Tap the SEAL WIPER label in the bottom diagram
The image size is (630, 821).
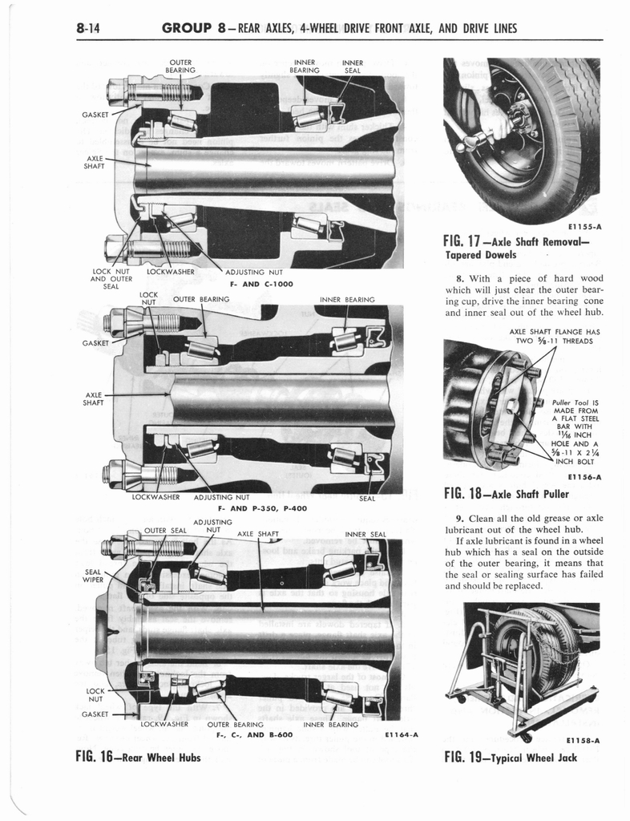[x=93, y=576]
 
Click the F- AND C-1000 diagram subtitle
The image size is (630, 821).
[x=260, y=283]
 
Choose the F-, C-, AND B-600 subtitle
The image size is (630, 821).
[x=256, y=734]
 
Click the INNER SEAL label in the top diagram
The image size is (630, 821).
[x=352, y=66]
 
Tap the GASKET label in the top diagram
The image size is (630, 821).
[x=95, y=115]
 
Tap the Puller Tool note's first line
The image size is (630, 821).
[x=575, y=402]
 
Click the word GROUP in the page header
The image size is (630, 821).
[x=192, y=30]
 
